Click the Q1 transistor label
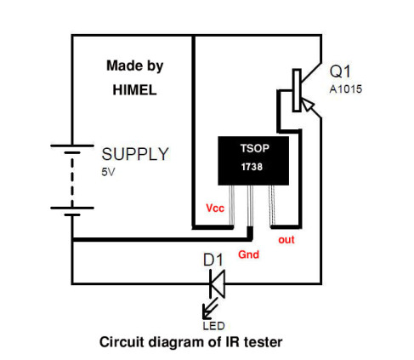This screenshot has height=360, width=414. pyautogui.click(x=340, y=71)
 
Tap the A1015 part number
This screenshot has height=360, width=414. pyautogui.click(x=346, y=89)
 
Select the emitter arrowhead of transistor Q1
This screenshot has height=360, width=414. pyautogui.click(x=307, y=105)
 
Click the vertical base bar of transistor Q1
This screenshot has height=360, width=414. pyautogui.click(x=297, y=90)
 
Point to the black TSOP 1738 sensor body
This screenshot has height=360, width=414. pyautogui.click(x=253, y=161)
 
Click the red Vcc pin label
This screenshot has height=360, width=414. pyautogui.click(x=215, y=209)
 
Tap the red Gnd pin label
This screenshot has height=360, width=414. pyautogui.click(x=248, y=254)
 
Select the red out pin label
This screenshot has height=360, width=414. pyautogui.click(x=286, y=240)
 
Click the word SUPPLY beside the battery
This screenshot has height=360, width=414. pyautogui.click(x=135, y=154)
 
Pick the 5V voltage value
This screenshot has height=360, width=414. pyautogui.click(x=108, y=172)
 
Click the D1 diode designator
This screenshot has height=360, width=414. pyautogui.click(x=213, y=260)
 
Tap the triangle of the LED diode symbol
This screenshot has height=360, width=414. pyautogui.click(x=218, y=283)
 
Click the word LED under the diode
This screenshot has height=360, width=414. pyautogui.click(x=213, y=326)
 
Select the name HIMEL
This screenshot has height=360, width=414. pyautogui.click(x=134, y=90)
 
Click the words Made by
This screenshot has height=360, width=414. pyautogui.click(x=135, y=66)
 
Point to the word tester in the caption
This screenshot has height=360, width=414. pyautogui.click(x=263, y=342)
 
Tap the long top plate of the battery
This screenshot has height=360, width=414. pyautogui.click(x=72, y=146)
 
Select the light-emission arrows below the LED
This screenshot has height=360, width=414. pyautogui.click(x=210, y=308)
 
